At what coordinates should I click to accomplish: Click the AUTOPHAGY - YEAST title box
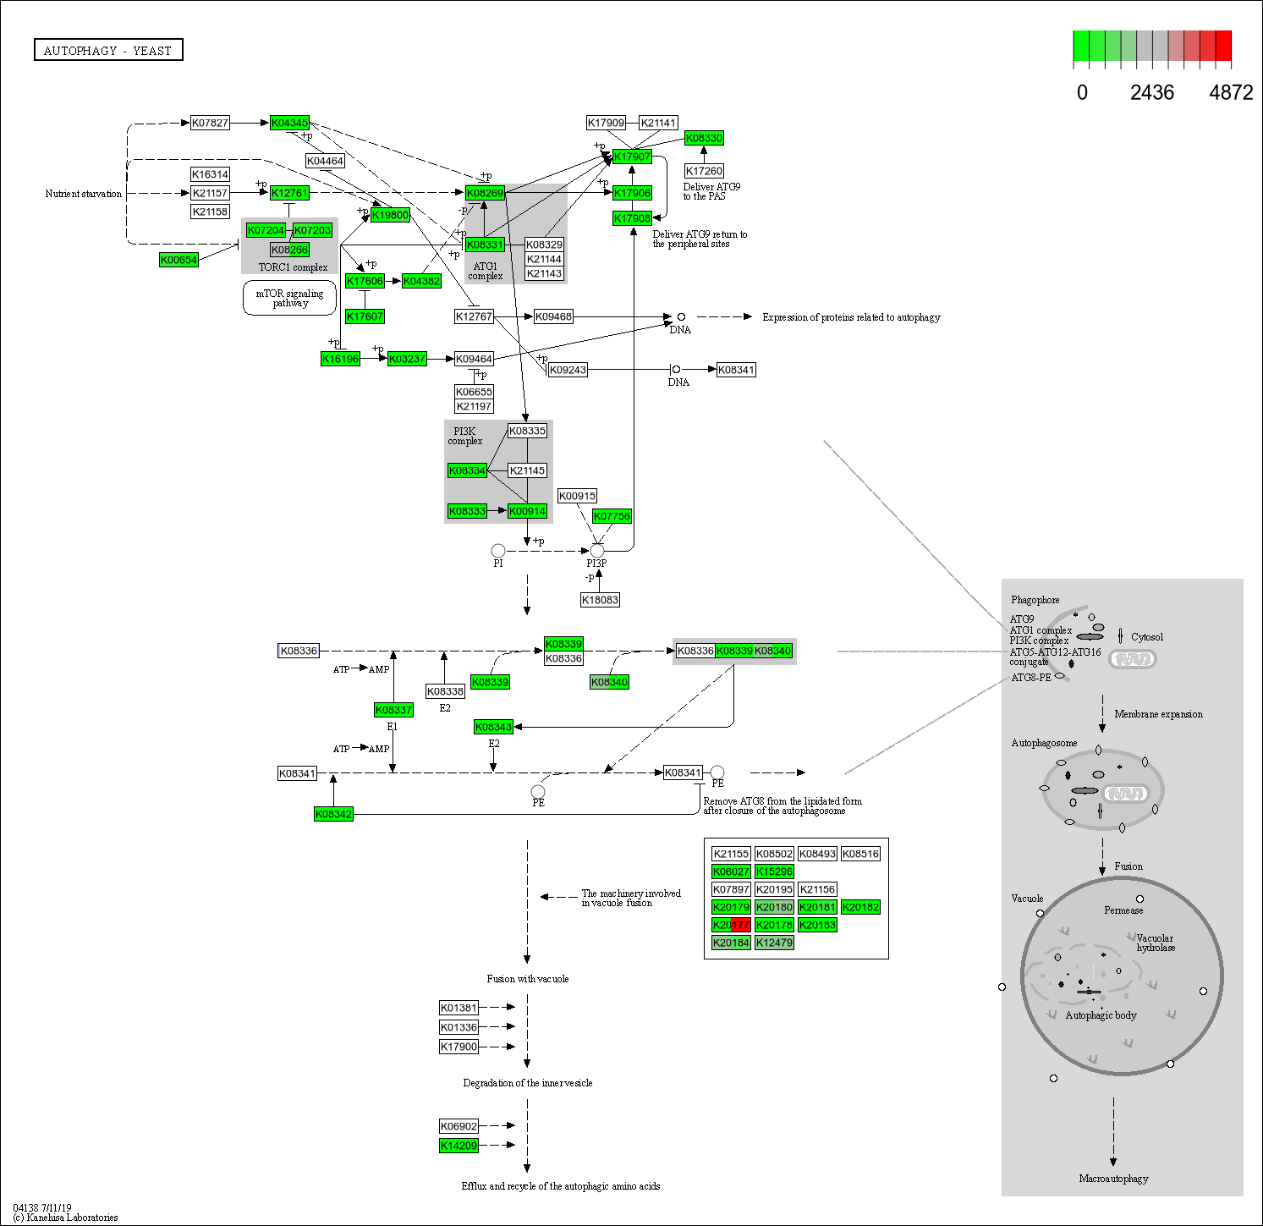coord(108,51)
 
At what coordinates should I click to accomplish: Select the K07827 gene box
coord(210,123)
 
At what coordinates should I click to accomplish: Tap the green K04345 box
coord(289,123)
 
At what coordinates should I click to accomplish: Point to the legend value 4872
coord(1230,93)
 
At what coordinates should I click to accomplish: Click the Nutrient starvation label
coord(84,194)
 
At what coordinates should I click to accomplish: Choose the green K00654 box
coord(178,260)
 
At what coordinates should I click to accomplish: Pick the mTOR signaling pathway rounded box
coord(289,298)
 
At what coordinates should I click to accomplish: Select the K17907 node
coord(632,157)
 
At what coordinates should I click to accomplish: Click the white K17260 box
coord(703,171)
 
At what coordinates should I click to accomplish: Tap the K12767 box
coord(474,316)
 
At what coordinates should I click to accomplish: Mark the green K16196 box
coord(340,359)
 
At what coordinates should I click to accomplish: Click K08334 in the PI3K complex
coord(467,470)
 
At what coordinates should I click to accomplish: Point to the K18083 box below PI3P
coord(600,600)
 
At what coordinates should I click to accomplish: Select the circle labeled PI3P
coord(597,551)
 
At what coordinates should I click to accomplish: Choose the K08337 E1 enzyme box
coord(393,710)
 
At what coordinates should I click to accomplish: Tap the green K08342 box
coord(333,814)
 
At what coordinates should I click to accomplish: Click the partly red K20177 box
coord(731,925)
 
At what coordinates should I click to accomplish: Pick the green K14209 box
coord(459,1146)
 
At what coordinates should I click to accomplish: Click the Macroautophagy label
coord(1113,1179)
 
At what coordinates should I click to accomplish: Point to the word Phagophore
coord(1035,600)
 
